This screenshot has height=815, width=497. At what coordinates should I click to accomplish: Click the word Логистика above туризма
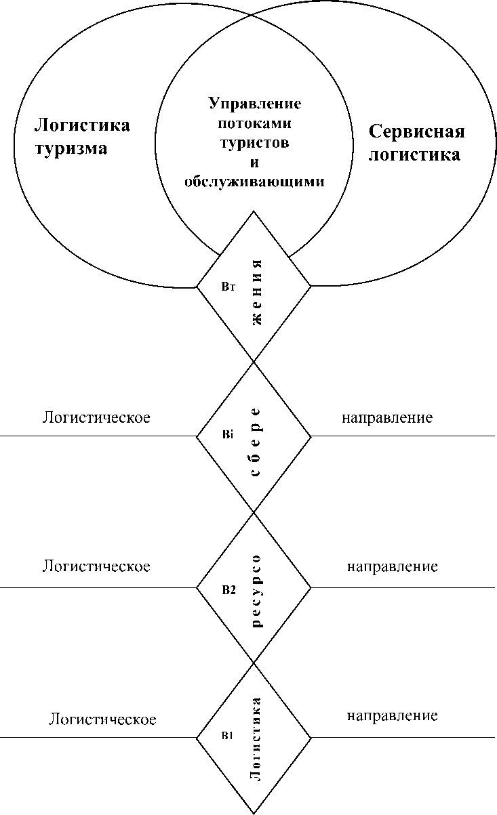83,125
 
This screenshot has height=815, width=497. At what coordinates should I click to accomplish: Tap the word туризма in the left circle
71,148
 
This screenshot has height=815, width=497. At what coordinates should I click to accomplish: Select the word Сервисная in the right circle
416,131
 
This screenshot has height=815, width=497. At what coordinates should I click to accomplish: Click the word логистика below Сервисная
414,154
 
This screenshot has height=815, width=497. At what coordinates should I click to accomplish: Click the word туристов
255,143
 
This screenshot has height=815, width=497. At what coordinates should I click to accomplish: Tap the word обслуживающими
255,182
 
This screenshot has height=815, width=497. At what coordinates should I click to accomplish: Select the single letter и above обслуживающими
255,163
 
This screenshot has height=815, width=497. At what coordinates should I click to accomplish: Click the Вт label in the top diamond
228,287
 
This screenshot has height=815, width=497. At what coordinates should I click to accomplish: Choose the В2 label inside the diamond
228,590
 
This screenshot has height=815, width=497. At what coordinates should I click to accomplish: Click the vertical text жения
257,293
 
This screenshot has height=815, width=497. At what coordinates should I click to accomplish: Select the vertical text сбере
256,442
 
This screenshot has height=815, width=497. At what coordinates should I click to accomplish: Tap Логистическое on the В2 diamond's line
96,566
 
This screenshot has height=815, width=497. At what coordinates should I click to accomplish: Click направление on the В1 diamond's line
393,715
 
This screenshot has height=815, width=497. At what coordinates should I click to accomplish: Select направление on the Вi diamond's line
387,417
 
